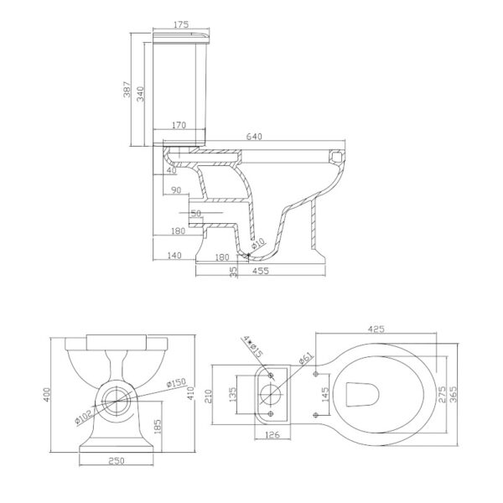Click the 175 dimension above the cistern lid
181,24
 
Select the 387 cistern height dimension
127,90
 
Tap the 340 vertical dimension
141,94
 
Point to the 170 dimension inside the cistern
179,125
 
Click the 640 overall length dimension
254,137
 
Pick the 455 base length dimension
260,271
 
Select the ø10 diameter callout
258,243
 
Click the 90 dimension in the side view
176,190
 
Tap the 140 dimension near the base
174,256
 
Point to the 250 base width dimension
117,461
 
